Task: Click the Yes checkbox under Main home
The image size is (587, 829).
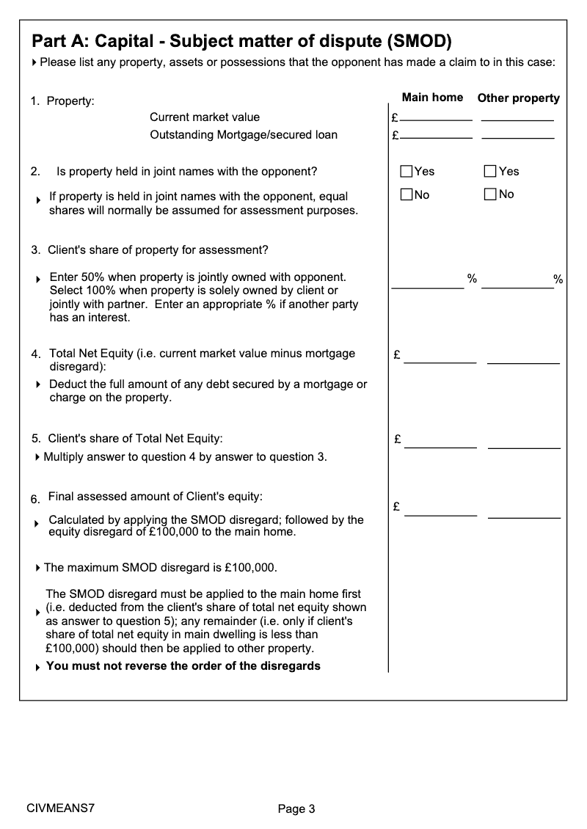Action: coord(406,172)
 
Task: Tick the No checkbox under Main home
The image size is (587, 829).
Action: coord(406,194)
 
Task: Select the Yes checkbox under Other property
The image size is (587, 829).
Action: coord(491,172)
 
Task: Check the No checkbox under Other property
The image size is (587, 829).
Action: coord(491,194)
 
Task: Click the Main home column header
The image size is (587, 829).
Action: coord(432,98)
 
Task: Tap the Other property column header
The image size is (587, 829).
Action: coord(518,98)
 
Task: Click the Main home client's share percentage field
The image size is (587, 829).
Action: coord(428,282)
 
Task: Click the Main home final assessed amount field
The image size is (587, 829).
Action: coord(440,511)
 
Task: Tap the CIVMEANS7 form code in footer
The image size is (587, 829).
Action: coord(60,808)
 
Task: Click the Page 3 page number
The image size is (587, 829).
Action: coord(296,809)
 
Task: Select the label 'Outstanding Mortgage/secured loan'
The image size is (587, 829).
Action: coord(244,135)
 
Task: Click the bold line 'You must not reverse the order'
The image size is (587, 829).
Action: coord(183,666)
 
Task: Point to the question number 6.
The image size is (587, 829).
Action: coord(35,500)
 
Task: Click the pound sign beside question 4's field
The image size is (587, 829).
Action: coord(397,356)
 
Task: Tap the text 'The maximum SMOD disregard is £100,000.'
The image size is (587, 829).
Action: coord(160,568)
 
